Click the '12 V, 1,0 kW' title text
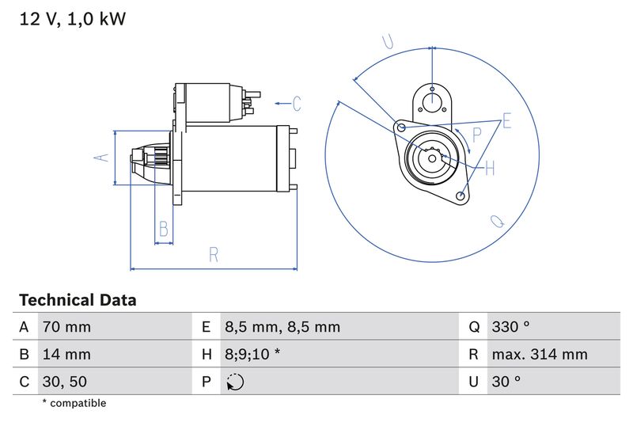pyautogui.click(x=72, y=19)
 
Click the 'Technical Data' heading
pyautogui.click(x=78, y=301)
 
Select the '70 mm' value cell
pyautogui.click(x=66, y=327)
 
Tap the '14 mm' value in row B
pyautogui.click(x=66, y=355)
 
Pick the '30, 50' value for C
pyautogui.click(x=64, y=382)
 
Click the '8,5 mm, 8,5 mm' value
pyautogui.click(x=282, y=327)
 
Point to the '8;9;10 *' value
pyautogui.click(x=252, y=355)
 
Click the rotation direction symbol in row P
pyautogui.click(x=235, y=382)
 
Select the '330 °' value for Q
pyautogui.click(x=512, y=327)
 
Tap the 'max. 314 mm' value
pyautogui.click(x=539, y=355)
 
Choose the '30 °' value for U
pyautogui.click(x=506, y=382)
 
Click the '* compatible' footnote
pyautogui.click(x=74, y=404)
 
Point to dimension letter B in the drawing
pyautogui.click(x=164, y=229)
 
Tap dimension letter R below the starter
pyautogui.click(x=214, y=254)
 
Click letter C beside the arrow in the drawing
pyautogui.click(x=297, y=103)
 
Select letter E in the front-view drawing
pyautogui.click(x=506, y=120)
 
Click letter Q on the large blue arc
pyautogui.click(x=498, y=222)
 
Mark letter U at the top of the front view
pyautogui.click(x=388, y=42)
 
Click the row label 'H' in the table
pyautogui.click(x=206, y=355)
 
